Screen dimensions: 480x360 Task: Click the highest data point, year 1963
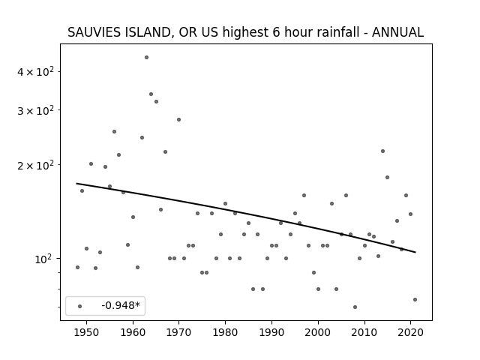(x=147, y=58)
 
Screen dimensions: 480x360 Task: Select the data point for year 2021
(x=415, y=300)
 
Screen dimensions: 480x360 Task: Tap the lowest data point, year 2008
(x=355, y=307)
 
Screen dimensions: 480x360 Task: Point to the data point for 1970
(x=178, y=120)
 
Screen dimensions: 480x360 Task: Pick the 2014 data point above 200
(x=382, y=151)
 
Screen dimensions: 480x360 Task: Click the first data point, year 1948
(x=77, y=267)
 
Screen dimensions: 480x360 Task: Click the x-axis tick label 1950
(x=87, y=332)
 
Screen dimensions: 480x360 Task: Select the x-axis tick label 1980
(x=225, y=332)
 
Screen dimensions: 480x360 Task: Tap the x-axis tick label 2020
(x=410, y=332)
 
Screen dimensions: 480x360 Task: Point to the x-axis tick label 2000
(x=318, y=332)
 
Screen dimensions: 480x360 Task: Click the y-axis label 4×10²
(x=35, y=71)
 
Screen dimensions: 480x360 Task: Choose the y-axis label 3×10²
(x=35, y=110)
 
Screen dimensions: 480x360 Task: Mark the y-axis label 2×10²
(x=35, y=165)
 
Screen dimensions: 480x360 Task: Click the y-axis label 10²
(x=43, y=259)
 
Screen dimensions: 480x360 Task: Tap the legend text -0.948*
(x=121, y=305)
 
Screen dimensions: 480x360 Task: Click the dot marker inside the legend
(x=80, y=306)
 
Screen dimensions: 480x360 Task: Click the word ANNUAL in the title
(x=397, y=32)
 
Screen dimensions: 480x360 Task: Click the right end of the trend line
(x=415, y=252)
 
